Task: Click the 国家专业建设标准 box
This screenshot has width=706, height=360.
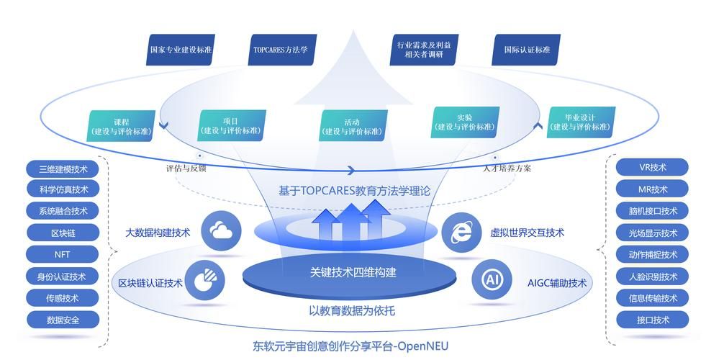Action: (x=181, y=50)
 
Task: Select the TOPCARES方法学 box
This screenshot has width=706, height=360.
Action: (x=281, y=50)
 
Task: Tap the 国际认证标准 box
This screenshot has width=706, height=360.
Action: (x=527, y=50)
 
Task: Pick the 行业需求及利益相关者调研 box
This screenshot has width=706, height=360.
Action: (x=425, y=50)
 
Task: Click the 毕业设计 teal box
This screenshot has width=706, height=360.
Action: (x=581, y=122)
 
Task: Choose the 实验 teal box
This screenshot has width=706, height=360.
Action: (x=465, y=122)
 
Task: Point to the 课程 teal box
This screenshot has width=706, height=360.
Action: (x=122, y=127)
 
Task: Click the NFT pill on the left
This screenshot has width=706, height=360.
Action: (x=62, y=254)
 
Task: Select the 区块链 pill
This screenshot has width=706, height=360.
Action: (x=62, y=233)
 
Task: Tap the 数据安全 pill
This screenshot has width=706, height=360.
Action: (x=62, y=319)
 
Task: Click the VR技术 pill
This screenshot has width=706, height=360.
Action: (x=653, y=167)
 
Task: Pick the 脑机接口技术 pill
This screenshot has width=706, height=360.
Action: (x=653, y=211)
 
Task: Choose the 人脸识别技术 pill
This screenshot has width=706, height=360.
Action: (x=653, y=276)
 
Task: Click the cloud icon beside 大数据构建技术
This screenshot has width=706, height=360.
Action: (x=221, y=231)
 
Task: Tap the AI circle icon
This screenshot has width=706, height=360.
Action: (x=492, y=280)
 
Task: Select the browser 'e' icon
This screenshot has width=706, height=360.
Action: (x=461, y=232)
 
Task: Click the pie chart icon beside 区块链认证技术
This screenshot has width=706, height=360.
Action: (x=204, y=280)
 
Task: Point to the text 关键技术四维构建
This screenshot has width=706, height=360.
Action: (x=353, y=273)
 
